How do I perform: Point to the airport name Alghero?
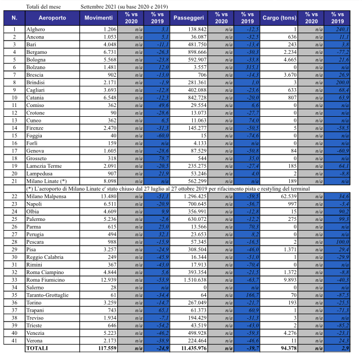(36, 29)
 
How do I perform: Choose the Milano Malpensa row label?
(47, 196)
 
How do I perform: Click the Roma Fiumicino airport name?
(46, 279)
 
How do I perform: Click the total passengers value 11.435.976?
(193, 348)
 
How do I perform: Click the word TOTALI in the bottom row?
(38, 348)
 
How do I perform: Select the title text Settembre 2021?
(99, 6)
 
